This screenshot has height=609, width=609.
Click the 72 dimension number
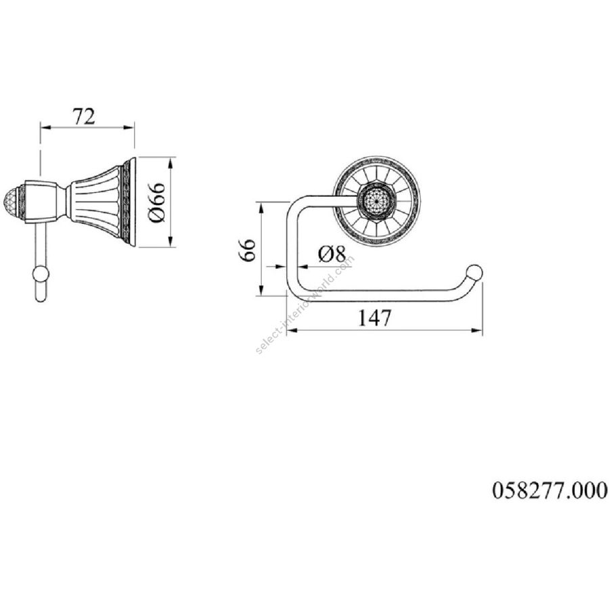click(84, 116)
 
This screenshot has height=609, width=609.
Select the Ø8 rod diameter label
click(332, 254)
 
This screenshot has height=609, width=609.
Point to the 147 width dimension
click(374, 318)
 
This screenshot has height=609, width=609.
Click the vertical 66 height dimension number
click(248, 250)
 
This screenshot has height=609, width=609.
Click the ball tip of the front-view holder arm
click(474, 272)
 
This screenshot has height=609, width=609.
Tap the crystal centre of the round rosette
click(377, 202)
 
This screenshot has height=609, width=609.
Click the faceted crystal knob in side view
click(21, 202)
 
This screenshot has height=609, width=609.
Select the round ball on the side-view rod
click(41, 275)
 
